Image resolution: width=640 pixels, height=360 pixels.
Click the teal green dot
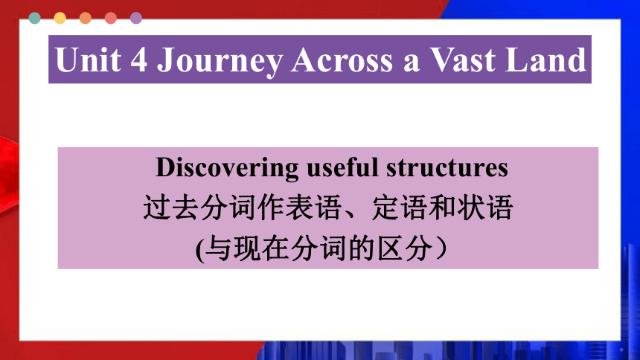35,18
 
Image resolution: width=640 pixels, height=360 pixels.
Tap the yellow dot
60,18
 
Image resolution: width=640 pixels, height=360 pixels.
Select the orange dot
86,18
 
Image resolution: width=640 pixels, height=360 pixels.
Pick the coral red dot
111,18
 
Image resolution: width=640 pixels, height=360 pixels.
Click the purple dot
136,18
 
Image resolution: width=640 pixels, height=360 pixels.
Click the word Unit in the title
89,60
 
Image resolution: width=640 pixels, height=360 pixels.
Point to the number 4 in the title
138,60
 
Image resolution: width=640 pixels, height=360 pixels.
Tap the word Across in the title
342,60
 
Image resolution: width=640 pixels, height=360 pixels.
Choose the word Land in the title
545,60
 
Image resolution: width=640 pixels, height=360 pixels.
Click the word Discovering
227,168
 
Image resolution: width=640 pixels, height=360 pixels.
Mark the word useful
342,167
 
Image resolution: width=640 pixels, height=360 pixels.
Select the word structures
447,167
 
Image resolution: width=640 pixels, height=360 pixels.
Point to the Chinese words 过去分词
199,208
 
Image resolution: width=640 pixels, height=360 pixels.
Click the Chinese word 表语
313,208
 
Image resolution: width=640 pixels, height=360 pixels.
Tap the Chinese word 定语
400,208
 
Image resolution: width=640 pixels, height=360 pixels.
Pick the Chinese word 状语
485,208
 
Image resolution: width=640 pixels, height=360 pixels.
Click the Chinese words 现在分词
290,248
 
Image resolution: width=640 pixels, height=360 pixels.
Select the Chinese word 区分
405,248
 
